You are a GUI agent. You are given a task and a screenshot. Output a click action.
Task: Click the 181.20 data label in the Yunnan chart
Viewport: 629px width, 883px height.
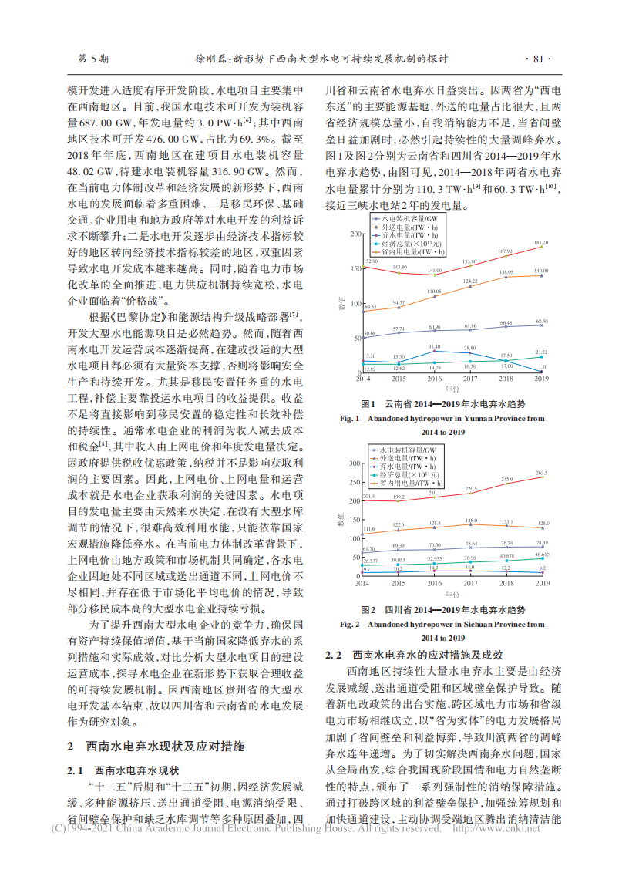pos(541,242)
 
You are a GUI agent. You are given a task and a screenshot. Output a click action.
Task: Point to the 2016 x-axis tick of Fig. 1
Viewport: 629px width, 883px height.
pos(435,379)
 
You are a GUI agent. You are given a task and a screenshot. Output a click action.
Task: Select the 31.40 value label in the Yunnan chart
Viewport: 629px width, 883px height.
pos(435,347)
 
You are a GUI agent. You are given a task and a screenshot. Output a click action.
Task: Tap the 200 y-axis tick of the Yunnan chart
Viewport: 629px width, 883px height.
pos(355,234)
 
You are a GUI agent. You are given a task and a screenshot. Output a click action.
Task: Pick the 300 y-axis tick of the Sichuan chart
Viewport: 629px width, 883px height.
pos(355,463)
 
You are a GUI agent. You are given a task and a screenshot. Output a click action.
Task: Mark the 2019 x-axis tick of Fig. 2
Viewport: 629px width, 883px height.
pos(542,584)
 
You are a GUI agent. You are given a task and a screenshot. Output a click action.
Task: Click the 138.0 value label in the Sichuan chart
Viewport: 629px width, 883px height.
pos(470,521)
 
